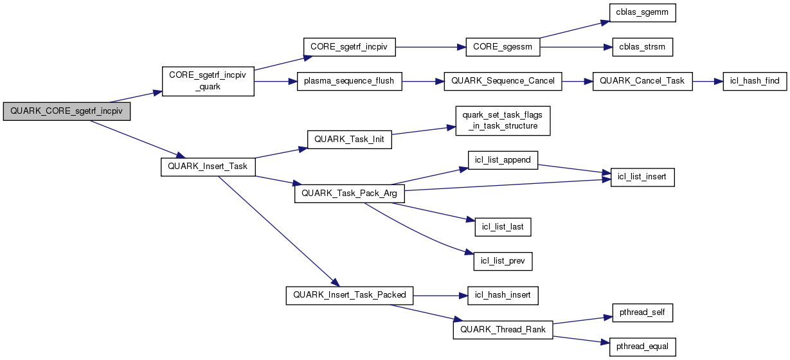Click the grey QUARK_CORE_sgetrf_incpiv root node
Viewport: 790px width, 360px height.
(x=66, y=111)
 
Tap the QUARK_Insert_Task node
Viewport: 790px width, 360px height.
(x=208, y=166)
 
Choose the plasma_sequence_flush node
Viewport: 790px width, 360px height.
(x=349, y=82)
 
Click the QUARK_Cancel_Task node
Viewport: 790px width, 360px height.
(x=642, y=82)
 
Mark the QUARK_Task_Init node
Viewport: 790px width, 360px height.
(x=350, y=141)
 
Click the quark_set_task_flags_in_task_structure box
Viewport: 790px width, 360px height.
(x=503, y=120)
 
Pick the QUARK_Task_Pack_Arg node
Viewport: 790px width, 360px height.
(x=349, y=194)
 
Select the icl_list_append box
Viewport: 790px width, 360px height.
(x=503, y=160)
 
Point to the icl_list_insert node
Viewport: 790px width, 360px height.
(x=642, y=177)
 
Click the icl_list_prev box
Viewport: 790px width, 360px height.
(x=503, y=262)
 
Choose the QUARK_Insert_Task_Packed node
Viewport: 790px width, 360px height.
(x=349, y=295)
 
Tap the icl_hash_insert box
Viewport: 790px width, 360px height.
(x=503, y=295)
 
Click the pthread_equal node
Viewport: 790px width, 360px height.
(x=642, y=346)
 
